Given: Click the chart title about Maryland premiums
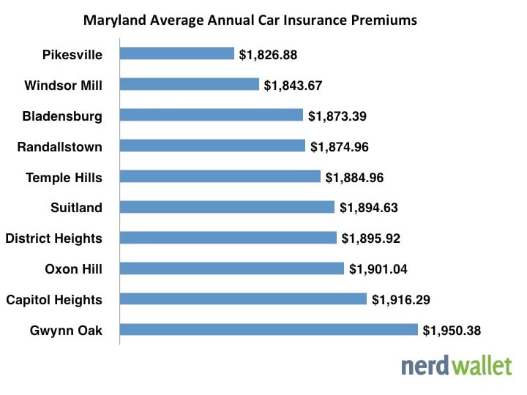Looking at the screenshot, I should (x=250, y=20).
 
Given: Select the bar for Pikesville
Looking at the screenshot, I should (x=176, y=53).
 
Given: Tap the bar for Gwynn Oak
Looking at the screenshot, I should (x=268, y=330).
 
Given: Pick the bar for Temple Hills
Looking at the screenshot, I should (x=220, y=176).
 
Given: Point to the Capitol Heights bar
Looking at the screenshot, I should (x=242, y=299).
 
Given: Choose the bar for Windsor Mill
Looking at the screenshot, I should (x=189, y=84).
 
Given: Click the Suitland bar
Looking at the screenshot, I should (x=227, y=207).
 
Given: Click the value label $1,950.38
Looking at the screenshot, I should (x=452, y=331).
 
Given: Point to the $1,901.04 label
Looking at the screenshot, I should (x=378, y=269).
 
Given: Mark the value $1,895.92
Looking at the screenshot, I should (x=371, y=238).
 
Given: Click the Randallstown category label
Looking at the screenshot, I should (x=60, y=146).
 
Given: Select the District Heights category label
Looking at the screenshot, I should (x=53, y=238).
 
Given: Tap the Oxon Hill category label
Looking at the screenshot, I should (x=73, y=269).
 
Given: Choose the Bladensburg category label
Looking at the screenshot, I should (x=62, y=116).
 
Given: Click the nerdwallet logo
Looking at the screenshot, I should (x=456, y=365).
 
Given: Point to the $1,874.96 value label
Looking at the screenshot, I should (x=339, y=146).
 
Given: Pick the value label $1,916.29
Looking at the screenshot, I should (x=400, y=300).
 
